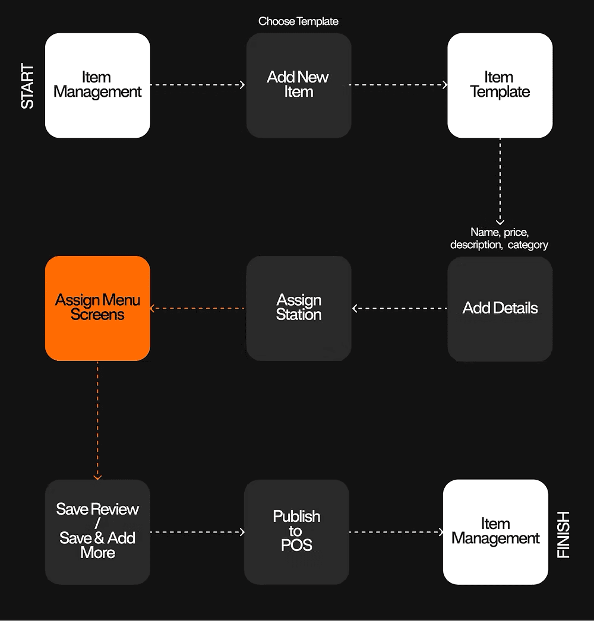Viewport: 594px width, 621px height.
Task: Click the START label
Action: coord(27,85)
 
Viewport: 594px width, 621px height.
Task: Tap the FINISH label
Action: coord(563,535)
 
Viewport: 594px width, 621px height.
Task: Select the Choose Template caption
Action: coord(298,21)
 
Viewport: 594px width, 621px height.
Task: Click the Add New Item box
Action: coord(299,85)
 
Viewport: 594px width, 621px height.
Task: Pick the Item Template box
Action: coord(500,85)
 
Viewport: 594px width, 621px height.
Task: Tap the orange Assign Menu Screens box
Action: coord(97,308)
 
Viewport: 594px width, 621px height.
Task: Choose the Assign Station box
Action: coord(299,308)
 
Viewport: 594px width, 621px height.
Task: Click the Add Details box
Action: coord(500,309)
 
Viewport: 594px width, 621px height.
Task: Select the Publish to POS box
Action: coord(296,532)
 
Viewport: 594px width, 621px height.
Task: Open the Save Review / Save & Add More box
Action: coord(97,532)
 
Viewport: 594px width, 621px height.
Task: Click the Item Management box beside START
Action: coord(97,85)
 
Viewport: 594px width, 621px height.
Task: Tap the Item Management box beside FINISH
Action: coord(496,532)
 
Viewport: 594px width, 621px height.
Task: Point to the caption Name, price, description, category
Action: coord(500,239)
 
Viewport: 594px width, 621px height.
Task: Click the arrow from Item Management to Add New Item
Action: coord(197,85)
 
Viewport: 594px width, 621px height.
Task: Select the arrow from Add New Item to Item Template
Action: coord(398,85)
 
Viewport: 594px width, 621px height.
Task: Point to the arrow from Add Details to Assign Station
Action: coord(399,308)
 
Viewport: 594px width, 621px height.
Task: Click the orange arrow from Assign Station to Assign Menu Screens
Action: coord(197,308)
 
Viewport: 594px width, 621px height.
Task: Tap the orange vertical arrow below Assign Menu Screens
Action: coord(97,420)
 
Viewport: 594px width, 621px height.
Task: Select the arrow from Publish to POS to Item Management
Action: coord(396,532)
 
